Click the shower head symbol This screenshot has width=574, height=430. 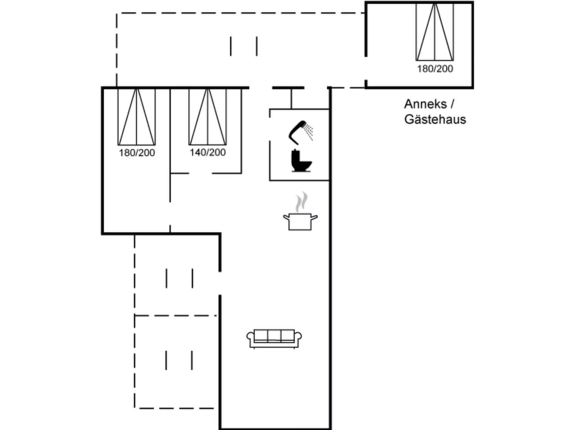[298, 131]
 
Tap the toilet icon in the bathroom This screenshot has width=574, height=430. [301, 161]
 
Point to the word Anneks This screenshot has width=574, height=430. [425, 104]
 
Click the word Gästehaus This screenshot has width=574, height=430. [435, 119]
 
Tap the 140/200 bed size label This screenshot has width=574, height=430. [208, 152]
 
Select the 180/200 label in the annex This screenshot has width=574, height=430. [435, 69]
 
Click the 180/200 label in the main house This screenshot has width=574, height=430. [137, 153]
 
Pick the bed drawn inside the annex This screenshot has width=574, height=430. [435, 32]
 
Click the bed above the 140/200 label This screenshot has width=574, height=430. [208, 117]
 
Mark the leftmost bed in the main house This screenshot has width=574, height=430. [137, 117]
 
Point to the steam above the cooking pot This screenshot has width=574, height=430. [302, 202]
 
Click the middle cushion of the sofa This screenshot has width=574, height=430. [274, 335]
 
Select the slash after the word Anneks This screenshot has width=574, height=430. [452, 104]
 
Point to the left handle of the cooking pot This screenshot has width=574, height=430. [286, 217]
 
